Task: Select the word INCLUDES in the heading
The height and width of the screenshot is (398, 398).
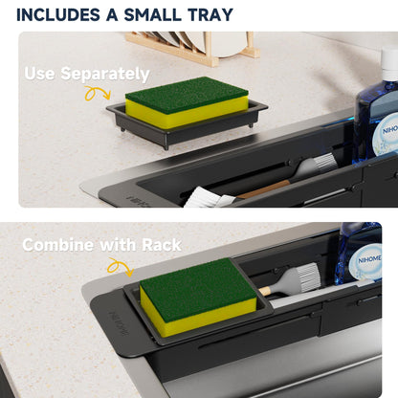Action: tap(58, 15)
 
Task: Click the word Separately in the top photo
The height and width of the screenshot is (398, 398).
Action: tap(105, 74)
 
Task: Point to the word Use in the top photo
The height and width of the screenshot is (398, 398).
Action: tap(39, 74)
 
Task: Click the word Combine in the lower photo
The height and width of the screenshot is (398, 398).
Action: tap(58, 245)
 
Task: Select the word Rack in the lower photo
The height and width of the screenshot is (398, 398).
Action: tap(162, 245)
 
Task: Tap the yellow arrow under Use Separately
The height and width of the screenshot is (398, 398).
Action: tap(98, 93)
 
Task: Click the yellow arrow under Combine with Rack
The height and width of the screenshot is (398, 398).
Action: tap(121, 267)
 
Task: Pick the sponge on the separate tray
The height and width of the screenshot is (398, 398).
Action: tap(187, 102)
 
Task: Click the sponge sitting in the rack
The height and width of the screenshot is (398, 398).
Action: tap(198, 298)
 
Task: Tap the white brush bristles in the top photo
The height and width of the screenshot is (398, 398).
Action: tap(210, 198)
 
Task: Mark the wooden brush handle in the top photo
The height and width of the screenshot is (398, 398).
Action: tap(262, 189)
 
